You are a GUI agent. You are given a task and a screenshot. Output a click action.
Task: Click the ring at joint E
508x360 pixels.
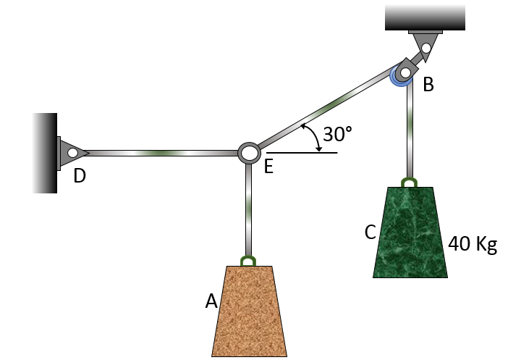click(x=249, y=153)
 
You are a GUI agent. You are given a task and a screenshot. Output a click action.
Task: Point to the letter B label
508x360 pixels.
click(x=428, y=85)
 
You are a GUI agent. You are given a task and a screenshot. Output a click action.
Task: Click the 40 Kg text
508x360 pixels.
click(x=473, y=243)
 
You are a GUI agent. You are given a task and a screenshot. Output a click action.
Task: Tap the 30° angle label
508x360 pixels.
click(x=337, y=134)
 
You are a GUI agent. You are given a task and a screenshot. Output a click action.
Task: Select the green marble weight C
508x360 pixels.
click(x=410, y=233)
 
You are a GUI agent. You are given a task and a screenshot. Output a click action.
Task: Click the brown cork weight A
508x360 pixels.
click(x=248, y=311)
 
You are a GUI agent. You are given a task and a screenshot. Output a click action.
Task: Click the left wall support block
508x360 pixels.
click(x=44, y=153)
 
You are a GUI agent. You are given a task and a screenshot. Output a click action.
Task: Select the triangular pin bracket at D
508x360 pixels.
click(x=72, y=153)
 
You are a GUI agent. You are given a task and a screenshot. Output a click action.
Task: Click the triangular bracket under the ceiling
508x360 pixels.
click(x=426, y=45)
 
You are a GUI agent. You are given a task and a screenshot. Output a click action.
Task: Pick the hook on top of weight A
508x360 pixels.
click(x=248, y=260)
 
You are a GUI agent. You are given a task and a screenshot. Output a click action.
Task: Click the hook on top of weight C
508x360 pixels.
click(x=410, y=181)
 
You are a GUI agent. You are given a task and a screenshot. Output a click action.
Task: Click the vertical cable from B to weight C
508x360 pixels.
click(x=410, y=130)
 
